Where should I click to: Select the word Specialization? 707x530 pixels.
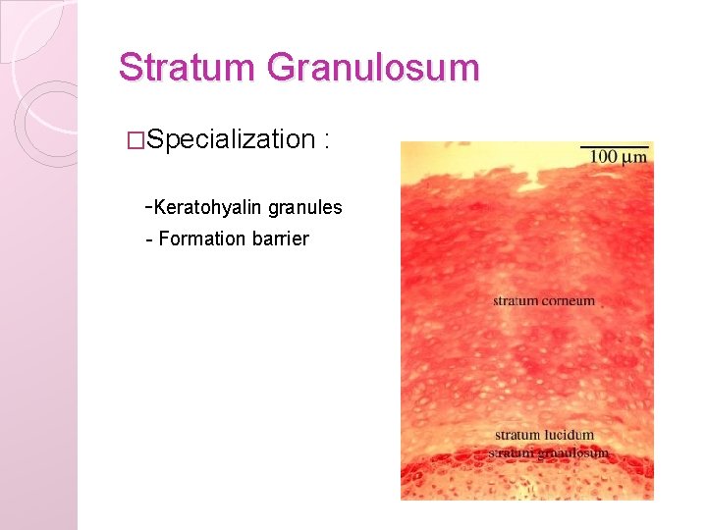pyautogui.click(x=231, y=139)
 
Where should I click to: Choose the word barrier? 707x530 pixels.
pyautogui.click(x=282, y=238)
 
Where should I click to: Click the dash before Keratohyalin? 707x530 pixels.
pyautogui.click(x=147, y=207)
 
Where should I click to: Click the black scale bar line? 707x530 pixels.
pyautogui.click(x=615, y=146)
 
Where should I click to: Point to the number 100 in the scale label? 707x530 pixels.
pyautogui.click(x=604, y=157)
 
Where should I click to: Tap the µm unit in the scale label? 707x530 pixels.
pyautogui.click(x=634, y=157)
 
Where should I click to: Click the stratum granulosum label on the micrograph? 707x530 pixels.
pyautogui.click(x=549, y=452)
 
